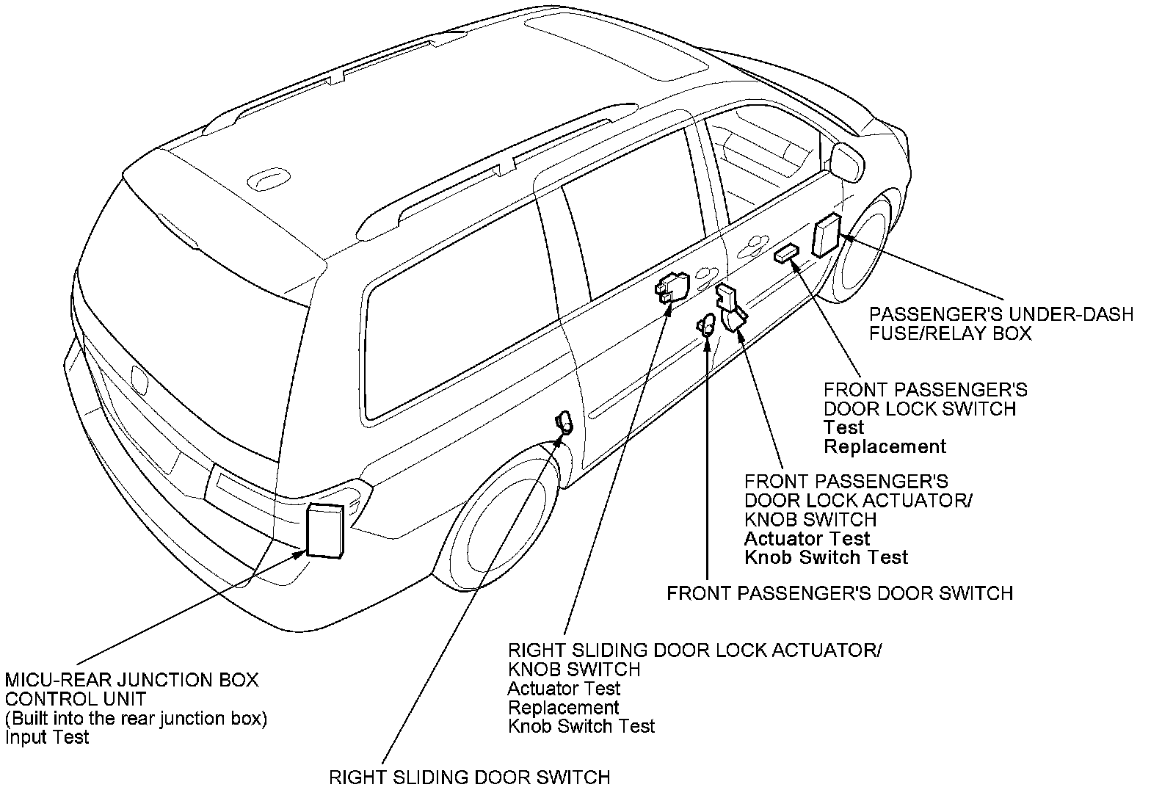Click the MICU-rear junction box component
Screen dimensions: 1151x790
pos(325,530)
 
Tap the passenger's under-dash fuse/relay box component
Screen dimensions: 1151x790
pos(827,235)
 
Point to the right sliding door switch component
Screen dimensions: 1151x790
pos(564,423)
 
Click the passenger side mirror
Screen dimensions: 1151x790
pos(847,162)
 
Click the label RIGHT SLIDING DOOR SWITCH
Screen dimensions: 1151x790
pos(469,777)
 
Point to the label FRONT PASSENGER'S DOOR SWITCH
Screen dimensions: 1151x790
pos(840,593)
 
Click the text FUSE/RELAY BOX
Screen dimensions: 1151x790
pos(950,333)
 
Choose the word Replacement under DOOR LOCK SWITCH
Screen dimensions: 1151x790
pos(885,446)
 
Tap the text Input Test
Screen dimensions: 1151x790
pos(47,737)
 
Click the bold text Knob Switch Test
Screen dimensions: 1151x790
pos(827,557)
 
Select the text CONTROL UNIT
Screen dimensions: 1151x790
pos(76,699)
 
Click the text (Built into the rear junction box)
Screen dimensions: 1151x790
pos(137,719)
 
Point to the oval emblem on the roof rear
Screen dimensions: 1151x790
pos(268,179)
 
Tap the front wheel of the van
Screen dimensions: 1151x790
pos(863,247)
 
